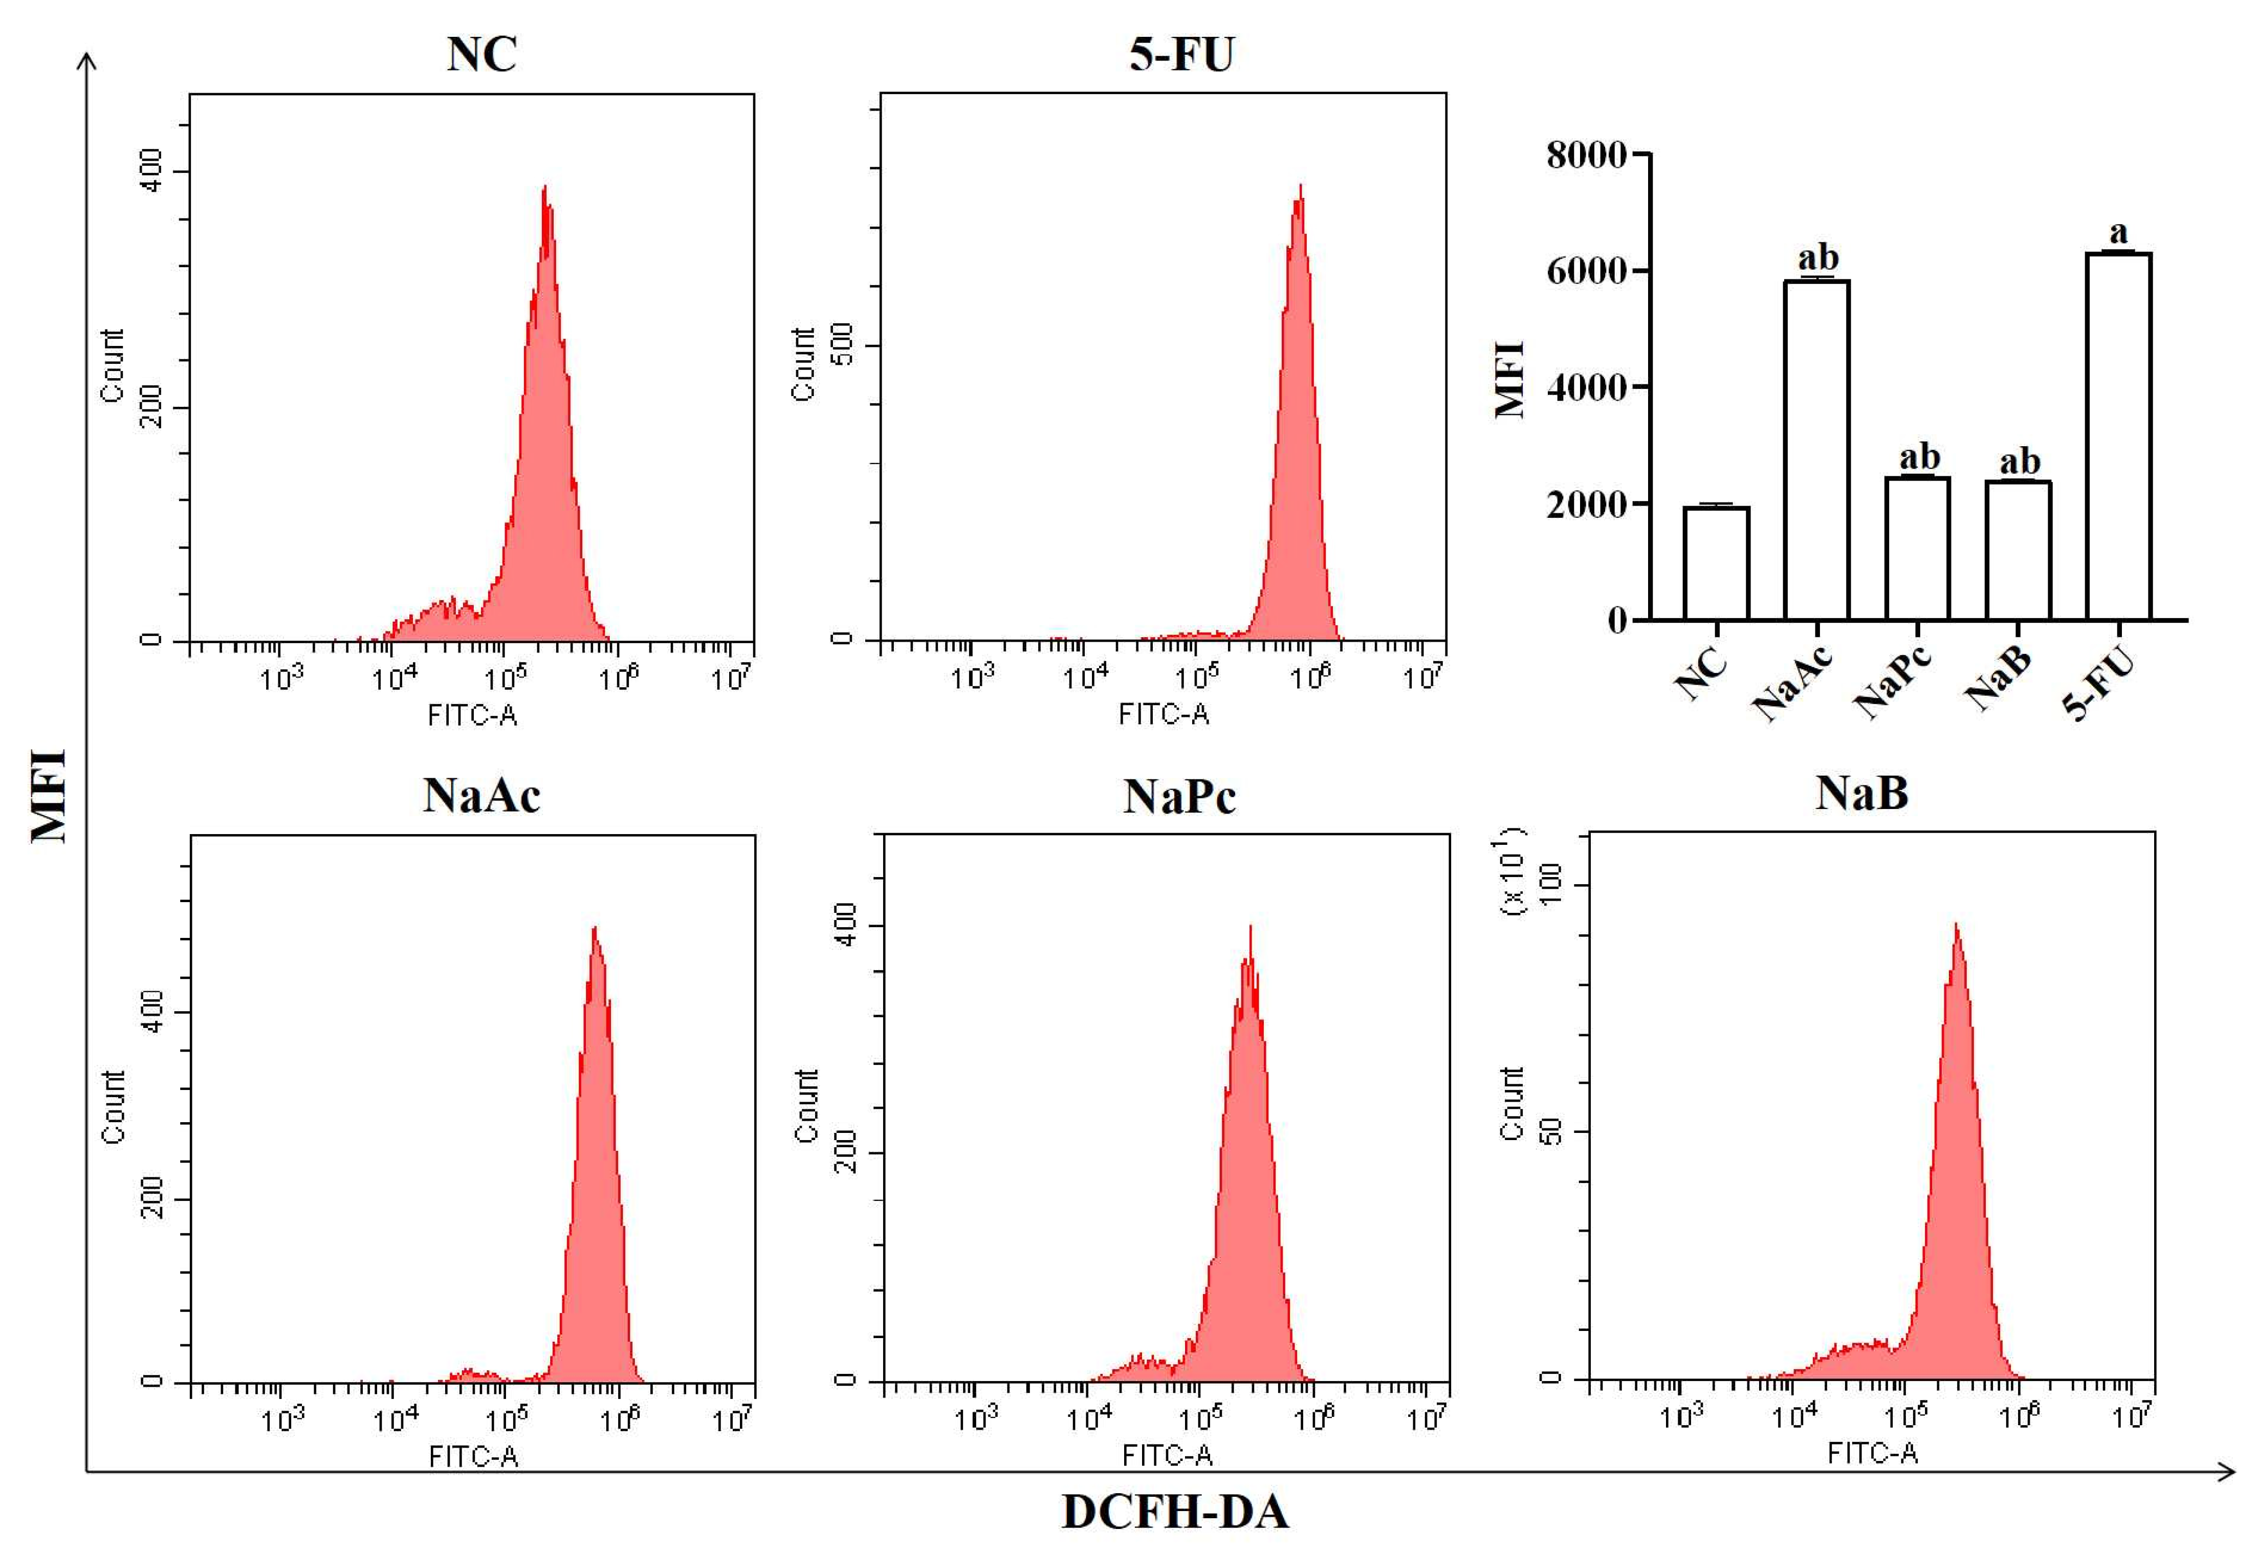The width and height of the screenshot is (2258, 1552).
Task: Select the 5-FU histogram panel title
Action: [x=1181, y=54]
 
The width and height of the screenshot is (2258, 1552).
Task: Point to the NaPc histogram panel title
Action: [x=1179, y=797]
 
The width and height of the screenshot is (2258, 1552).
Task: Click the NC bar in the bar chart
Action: [x=1716, y=564]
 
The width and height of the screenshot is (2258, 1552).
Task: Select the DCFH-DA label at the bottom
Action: [x=1175, y=1512]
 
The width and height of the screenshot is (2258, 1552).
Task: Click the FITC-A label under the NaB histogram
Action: [x=1872, y=1453]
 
